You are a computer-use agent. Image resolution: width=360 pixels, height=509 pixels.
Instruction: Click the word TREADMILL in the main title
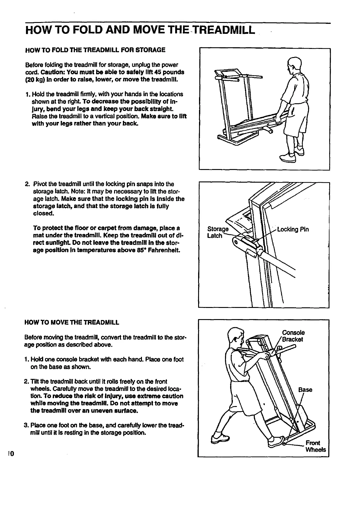tap(223, 30)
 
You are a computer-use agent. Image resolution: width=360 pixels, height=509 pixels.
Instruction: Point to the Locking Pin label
tap(293, 229)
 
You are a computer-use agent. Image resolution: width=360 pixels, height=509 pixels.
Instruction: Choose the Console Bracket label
tap(293, 336)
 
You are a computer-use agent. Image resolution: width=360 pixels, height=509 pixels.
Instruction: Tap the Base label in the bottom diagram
tap(305, 389)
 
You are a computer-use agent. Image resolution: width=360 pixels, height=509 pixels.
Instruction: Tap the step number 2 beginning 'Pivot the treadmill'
tap(27, 184)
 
